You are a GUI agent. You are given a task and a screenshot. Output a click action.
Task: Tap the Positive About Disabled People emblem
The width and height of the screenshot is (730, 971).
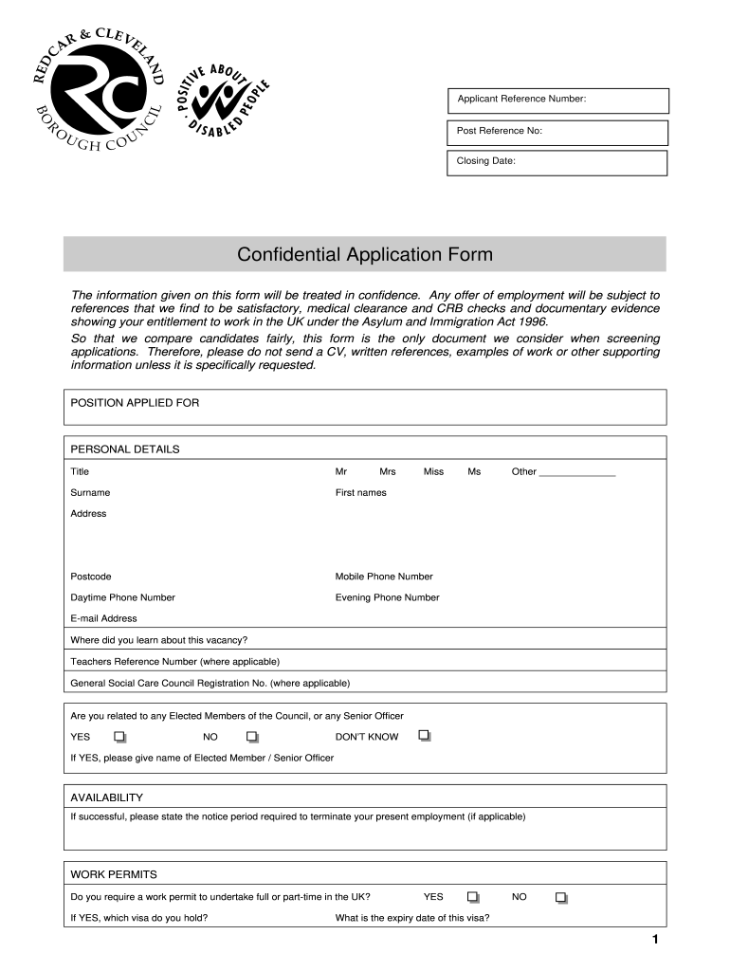pyautogui.click(x=226, y=100)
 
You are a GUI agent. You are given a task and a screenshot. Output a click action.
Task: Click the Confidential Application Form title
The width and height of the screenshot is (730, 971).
pyautogui.click(x=365, y=254)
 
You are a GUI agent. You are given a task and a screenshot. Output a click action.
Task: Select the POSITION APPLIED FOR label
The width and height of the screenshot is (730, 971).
pyautogui.click(x=135, y=403)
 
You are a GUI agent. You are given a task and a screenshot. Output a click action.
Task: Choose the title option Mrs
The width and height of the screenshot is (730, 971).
pyautogui.click(x=388, y=471)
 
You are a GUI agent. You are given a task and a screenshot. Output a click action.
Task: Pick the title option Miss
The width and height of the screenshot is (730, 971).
pyautogui.click(x=433, y=471)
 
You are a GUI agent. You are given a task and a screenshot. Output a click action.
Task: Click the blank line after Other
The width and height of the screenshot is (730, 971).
pyautogui.click(x=576, y=471)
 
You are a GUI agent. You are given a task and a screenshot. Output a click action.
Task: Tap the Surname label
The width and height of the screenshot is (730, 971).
pyautogui.click(x=90, y=492)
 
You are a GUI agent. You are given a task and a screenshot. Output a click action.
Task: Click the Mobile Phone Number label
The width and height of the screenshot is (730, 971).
pyautogui.click(x=384, y=577)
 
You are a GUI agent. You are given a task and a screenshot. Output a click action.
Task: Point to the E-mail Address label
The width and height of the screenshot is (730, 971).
pyautogui.click(x=103, y=618)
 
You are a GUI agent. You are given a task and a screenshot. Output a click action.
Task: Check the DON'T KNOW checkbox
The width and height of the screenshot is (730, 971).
pyautogui.click(x=425, y=736)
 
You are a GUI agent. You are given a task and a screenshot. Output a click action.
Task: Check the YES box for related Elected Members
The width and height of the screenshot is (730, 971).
pyautogui.click(x=119, y=737)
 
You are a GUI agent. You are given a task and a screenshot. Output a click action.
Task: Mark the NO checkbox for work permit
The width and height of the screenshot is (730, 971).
pyautogui.click(x=561, y=897)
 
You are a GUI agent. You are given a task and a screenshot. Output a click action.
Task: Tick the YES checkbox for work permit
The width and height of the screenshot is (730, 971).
pyautogui.click(x=473, y=897)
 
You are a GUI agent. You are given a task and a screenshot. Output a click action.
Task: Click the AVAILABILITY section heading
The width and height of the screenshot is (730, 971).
pyautogui.click(x=106, y=797)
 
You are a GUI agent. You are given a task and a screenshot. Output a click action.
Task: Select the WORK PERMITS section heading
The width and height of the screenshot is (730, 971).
pyautogui.click(x=114, y=874)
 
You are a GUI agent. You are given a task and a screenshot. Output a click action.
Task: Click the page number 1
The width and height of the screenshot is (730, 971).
pyautogui.click(x=655, y=940)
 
